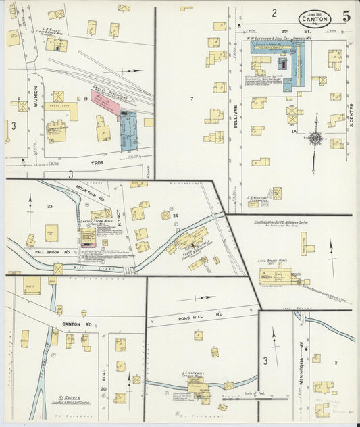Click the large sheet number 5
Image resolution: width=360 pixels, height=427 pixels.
click(346, 16)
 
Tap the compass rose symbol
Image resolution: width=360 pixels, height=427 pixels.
click(315, 138)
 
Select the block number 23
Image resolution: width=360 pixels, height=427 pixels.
click(49, 206)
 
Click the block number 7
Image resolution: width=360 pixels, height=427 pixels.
click(191, 99)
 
